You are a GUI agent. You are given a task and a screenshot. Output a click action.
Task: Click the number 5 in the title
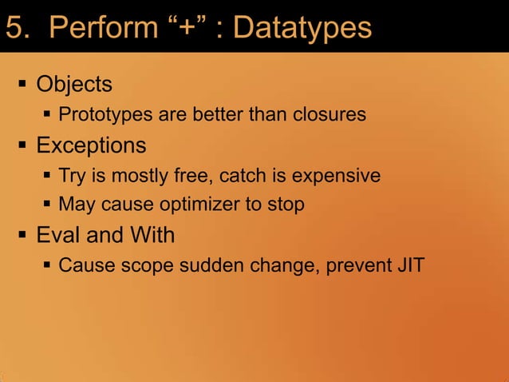(x=14, y=28)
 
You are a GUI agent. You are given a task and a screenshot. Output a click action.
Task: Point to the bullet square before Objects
(x=22, y=85)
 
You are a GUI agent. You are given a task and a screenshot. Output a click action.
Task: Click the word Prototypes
(x=105, y=115)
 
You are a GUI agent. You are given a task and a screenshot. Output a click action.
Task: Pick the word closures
(x=326, y=115)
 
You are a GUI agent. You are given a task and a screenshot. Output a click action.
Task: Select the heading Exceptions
(x=91, y=145)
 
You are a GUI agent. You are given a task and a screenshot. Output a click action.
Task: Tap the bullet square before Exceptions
(x=22, y=146)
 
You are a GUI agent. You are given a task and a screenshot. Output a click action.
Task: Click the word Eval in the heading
(x=58, y=236)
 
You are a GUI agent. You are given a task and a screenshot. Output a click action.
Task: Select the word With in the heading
(x=152, y=236)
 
